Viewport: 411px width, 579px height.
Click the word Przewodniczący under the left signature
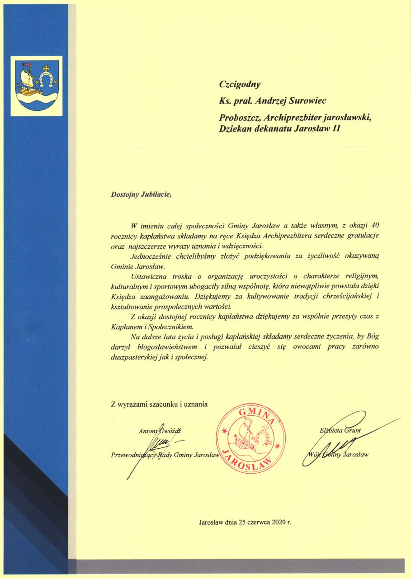point(133,455)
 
